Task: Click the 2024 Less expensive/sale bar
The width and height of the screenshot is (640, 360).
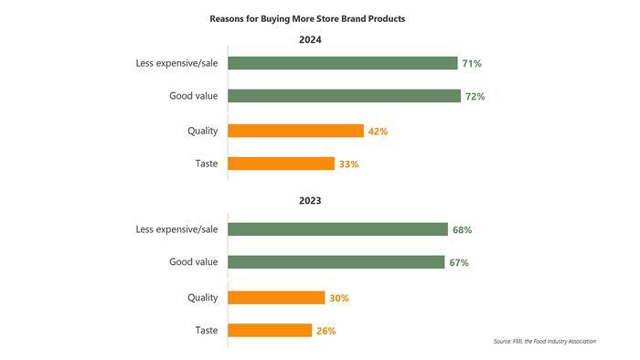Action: (342, 63)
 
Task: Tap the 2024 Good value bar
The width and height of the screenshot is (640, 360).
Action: (343, 96)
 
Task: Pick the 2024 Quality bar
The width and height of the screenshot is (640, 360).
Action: (295, 131)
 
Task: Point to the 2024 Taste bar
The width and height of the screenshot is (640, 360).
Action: (281, 164)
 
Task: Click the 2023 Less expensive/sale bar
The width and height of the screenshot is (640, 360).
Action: (337, 229)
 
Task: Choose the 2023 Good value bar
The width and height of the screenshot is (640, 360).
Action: (336, 263)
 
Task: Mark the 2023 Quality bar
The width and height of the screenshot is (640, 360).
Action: (276, 297)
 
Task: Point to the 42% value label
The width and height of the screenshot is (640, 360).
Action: (378, 132)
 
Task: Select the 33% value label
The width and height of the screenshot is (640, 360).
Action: (348, 165)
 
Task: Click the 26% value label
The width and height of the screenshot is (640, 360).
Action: (326, 332)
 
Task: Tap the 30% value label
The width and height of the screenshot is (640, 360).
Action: (339, 298)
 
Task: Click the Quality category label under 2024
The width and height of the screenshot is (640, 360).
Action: (202, 131)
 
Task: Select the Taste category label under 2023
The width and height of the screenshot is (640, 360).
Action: (206, 331)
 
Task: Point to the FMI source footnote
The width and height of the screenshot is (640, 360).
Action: (544, 342)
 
